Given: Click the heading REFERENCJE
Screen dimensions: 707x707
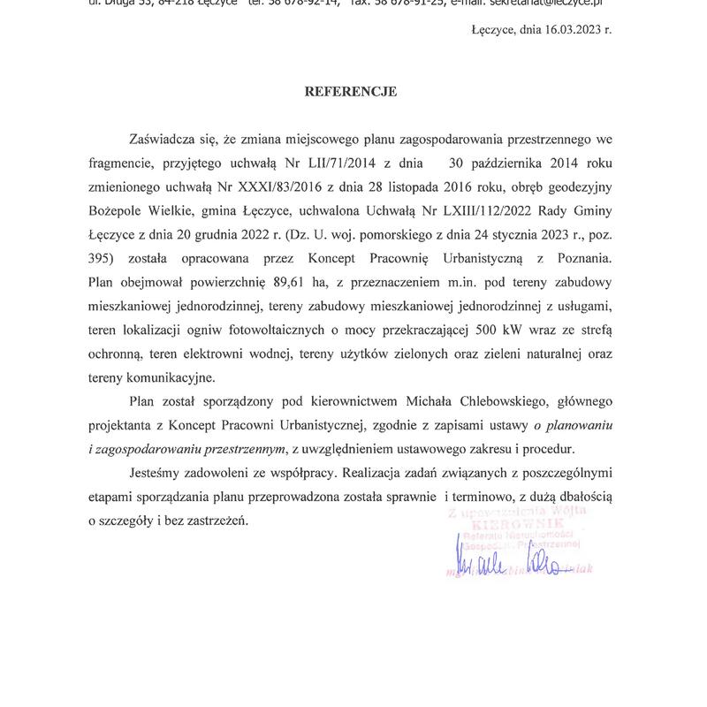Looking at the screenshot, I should pos(351,91).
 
